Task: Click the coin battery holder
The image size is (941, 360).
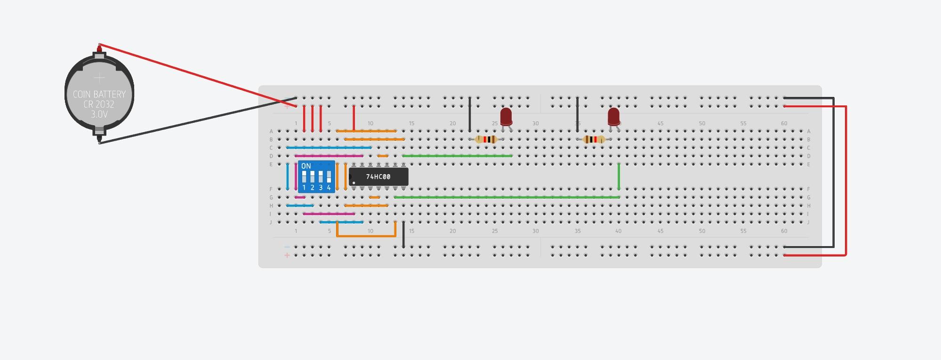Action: [x=99, y=94]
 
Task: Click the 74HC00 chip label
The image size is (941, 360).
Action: [x=378, y=177]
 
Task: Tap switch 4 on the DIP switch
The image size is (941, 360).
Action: [x=329, y=177]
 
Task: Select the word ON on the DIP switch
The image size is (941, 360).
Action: [x=306, y=166]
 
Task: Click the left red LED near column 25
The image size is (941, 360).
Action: [x=506, y=116]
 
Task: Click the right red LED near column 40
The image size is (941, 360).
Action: [x=613, y=116]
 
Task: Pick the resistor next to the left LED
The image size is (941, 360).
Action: [x=486, y=139]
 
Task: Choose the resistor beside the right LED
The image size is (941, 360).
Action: [x=594, y=139]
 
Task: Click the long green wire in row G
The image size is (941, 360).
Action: [x=506, y=197]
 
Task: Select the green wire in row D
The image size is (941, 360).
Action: [x=457, y=156]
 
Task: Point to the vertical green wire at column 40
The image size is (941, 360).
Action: [x=619, y=176]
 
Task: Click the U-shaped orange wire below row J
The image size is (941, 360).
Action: [x=366, y=236]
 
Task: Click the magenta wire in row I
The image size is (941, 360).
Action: [x=329, y=214]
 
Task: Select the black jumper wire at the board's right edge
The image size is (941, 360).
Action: [x=834, y=172]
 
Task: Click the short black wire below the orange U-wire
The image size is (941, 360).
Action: [x=403, y=235]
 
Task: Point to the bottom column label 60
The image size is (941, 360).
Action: [x=784, y=231]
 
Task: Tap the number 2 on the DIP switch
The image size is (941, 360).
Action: [x=312, y=188]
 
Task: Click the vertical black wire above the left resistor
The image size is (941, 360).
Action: [x=469, y=114]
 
